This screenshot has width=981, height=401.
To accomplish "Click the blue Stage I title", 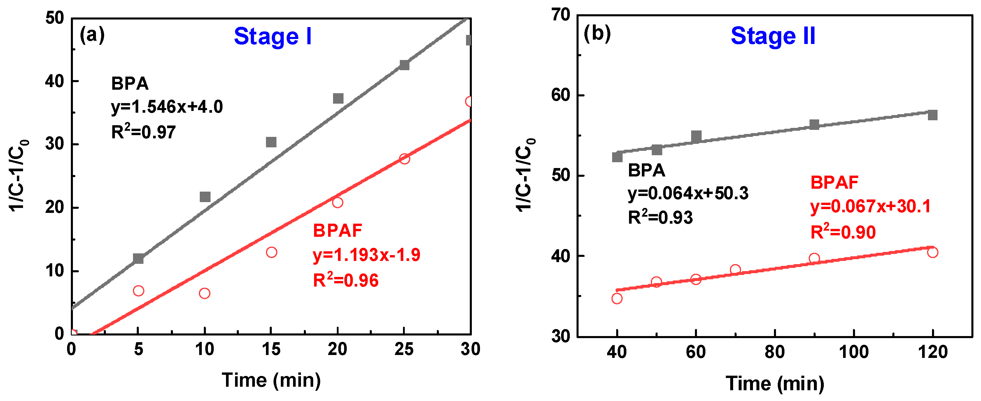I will pos(273,36).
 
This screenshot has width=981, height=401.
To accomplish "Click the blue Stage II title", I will pos(773,36).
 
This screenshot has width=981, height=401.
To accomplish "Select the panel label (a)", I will pos(92,36).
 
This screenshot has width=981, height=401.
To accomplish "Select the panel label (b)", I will pos(597,33).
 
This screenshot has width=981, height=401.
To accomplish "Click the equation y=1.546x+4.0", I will pos(167,107).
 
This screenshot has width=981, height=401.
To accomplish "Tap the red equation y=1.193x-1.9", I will pos(366,255).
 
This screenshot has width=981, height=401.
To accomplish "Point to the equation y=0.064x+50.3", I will pos(688,194).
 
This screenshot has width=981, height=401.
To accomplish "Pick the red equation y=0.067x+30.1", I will pos(870,206).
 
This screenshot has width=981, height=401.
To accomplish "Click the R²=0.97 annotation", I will pos(143,132).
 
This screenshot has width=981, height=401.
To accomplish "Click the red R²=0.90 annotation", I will pos(843,232).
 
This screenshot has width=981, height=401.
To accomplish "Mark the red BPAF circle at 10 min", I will pos(204,293).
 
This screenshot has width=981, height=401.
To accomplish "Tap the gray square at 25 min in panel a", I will pos(404,65).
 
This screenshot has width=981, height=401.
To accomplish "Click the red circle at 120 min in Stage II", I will pos(932,252).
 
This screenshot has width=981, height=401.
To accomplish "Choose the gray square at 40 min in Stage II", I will pos(617,157).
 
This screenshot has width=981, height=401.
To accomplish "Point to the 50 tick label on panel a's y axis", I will pos(55,18).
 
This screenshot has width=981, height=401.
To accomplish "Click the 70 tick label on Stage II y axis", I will pos(560,15).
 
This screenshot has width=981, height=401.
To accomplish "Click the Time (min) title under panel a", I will pos(271,380).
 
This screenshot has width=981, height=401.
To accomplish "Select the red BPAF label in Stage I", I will pos(337,231).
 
